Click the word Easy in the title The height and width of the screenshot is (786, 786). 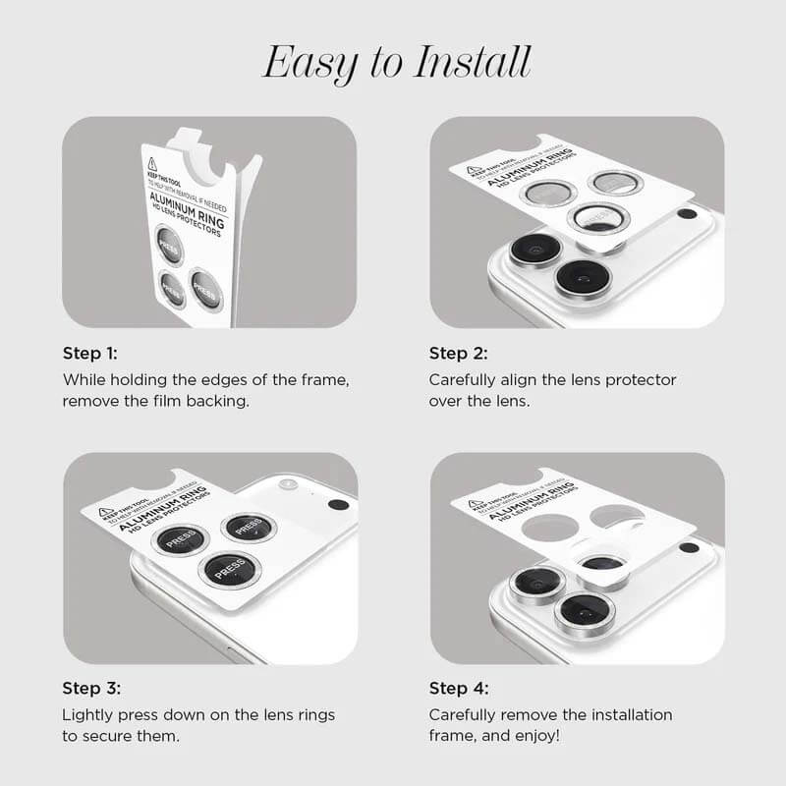[x=309, y=63]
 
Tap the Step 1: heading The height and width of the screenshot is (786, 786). [x=90, y=353]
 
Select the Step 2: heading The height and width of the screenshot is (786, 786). [x=458, y=353]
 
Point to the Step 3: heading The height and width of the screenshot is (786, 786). [x=90, y=688]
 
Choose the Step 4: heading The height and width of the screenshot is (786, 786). [x=459, y=688]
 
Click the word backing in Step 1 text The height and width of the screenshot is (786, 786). [x=223, y=401]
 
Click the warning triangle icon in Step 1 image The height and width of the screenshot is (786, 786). [x=152, y=164]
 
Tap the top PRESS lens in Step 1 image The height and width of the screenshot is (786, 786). [x=169, y=245]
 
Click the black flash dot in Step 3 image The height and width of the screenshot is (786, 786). [x=338, y=505]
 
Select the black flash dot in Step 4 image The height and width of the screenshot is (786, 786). [x=689, y=547]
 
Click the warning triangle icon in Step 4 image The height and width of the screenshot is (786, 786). [x=476, y=505]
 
